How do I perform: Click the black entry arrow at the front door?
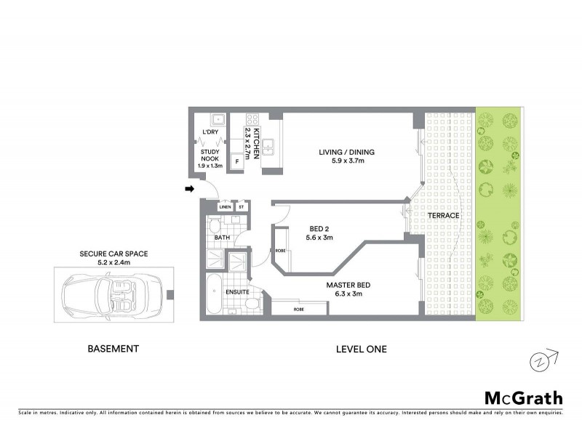[x=190, y=190]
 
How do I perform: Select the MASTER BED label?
[x=348, y=285]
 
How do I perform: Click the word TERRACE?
[x=443, y=216]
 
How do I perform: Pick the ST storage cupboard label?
[x=241, y=207]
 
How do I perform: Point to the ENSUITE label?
[x=238, y=292]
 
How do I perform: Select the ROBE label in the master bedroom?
[x=299, y=308]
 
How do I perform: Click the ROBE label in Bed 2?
[x=281, y=251]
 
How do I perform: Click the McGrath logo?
[x=523, y=397]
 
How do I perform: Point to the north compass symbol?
[x=540, y=360]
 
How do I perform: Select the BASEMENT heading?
[x=113, y=349]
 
